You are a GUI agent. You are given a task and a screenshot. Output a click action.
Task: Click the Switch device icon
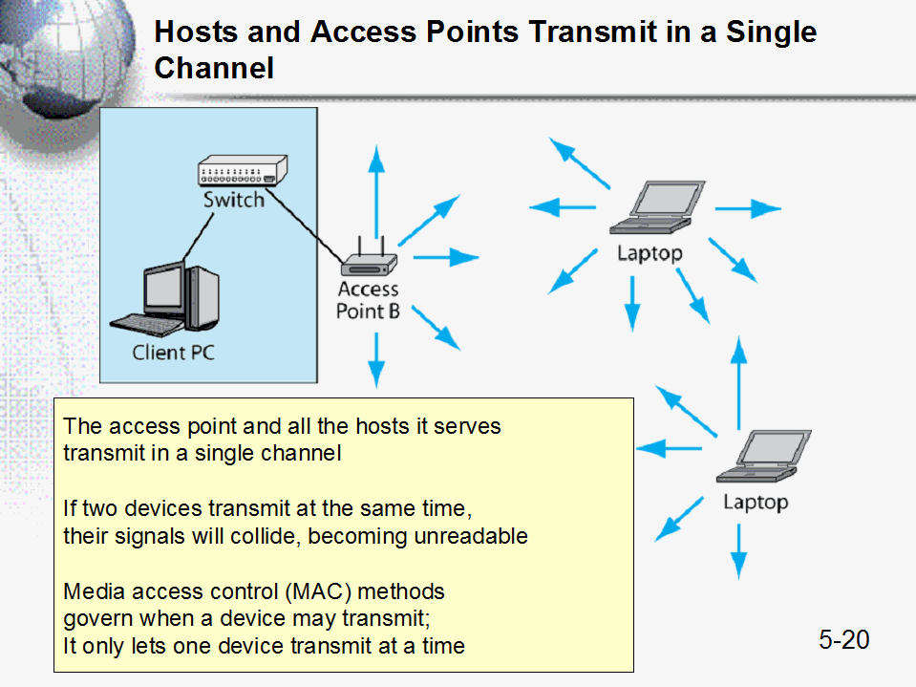pyautogui.click(x=243, y=171)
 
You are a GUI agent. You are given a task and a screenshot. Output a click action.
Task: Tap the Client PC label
pyautogui.click(x=174, y=353)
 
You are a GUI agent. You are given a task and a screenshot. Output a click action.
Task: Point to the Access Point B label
pyautogui.click(x=368, y=300)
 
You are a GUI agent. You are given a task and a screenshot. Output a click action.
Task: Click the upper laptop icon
pyautogui.click(x=657, y=207)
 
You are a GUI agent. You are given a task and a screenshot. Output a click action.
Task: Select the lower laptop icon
pyautogui.click(x=763, y=456)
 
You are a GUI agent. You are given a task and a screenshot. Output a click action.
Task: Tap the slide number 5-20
pyautogui.click(x=844, y=639)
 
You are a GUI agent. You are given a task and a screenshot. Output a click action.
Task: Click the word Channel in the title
pyautogui.click(x=214, y=68)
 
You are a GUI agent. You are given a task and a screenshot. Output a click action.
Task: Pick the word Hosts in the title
pyautogui.click(x=197, y=32)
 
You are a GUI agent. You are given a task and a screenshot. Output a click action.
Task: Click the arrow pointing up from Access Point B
pyautogui.click(x=376, y=192)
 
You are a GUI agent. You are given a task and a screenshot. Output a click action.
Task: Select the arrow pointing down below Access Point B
pyautogui.click(x=376, y=360)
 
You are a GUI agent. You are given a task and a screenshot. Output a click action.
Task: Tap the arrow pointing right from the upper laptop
pyautogui.click(x=748, y=208)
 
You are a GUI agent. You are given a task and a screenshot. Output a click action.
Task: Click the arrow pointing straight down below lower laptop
pyautogui.click(x=739, y=551)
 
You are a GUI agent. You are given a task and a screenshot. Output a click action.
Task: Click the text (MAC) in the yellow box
pyautogui.click(x=318, y=591)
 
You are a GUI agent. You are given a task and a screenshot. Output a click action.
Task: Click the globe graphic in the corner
pyautogui.click(x=64, y=58)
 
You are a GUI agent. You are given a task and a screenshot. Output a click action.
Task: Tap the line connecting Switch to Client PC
pyautogui.click(x=198, y=237)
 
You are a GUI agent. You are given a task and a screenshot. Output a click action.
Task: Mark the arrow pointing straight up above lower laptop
pyautogui.click(x=739, y=383)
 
